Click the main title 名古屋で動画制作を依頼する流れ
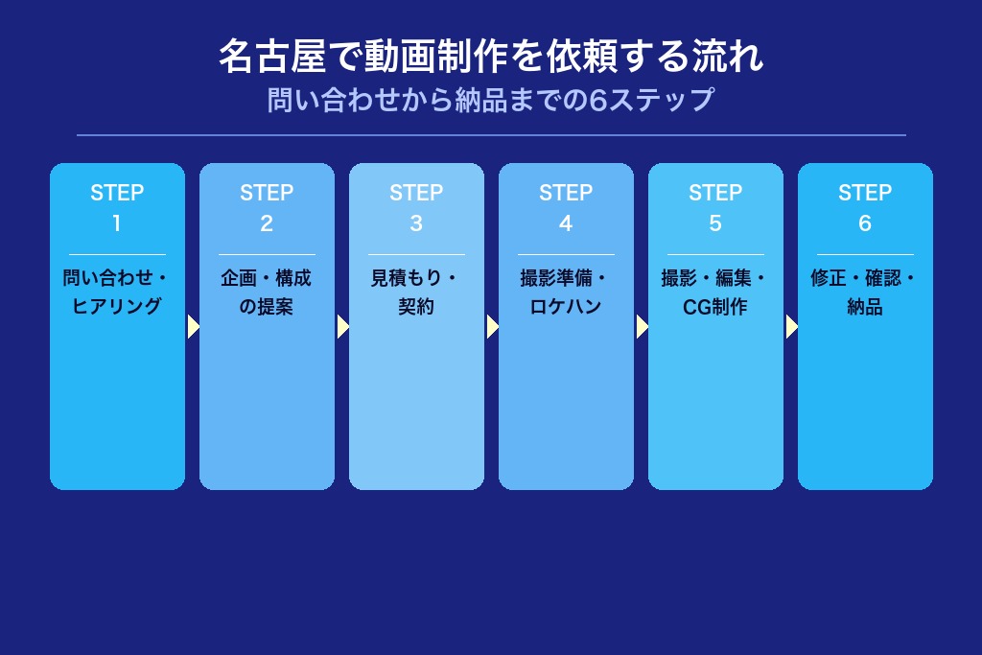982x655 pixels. tap(491, 58)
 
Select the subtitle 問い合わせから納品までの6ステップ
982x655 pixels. tap(491, 100)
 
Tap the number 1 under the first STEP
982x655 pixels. tap(117, 223)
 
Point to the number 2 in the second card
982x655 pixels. tap(267, 223)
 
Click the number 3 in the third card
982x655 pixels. tap(416, 223)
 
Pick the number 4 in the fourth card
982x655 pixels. tap(566, 223)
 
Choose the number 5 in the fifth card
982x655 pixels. tap(715, 223)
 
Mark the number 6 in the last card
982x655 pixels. tap(865, 223)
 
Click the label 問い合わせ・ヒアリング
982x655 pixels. tap(117, 292)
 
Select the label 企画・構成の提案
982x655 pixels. tap(267, 292)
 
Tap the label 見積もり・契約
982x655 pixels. tap(416, 292)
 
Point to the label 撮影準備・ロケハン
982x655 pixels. tap(566, 292)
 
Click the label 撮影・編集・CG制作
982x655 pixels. tap(715, 292)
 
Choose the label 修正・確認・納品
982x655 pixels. tap(865, 292)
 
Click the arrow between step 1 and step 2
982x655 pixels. tap(193, 327)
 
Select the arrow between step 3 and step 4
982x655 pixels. tap(492, 327)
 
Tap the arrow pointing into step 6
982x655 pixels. tap(791, 327)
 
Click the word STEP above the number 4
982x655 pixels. tap(566, 193)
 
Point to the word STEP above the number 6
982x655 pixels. tap(865, 193)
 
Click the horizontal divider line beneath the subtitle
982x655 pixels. tap(491, 135)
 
